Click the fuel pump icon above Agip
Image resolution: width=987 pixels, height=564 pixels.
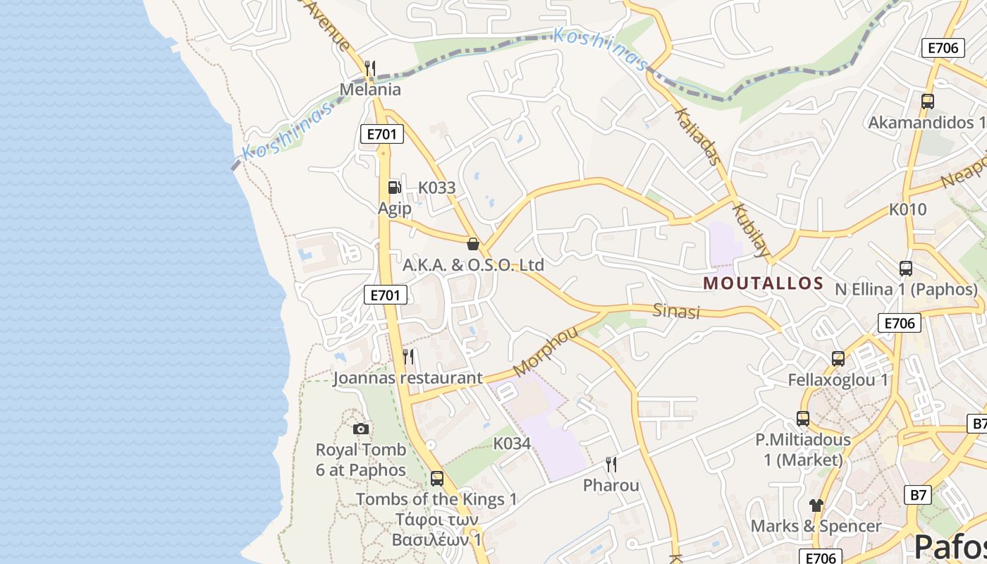pos(394,188)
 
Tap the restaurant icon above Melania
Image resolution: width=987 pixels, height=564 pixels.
pos(370,68)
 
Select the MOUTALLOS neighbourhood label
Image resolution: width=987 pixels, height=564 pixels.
pos(764,283)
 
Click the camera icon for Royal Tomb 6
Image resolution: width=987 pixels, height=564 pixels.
pos(360,429)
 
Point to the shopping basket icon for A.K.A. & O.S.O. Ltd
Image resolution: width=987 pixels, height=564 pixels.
pos(473,244)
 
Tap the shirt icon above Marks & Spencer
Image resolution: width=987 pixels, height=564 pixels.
pos(816,505)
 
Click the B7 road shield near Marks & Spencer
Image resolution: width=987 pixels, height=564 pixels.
pos(918,494)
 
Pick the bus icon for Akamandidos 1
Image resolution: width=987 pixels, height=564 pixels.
pos(928,101)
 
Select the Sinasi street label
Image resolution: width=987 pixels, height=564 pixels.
pos(676,310)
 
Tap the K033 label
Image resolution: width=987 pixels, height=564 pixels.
pos(437,188)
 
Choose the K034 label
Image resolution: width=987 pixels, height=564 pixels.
pos(511,443)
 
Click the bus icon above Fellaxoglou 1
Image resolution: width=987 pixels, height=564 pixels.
pos(838,358)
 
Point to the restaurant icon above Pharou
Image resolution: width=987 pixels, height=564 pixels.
pos(611,464)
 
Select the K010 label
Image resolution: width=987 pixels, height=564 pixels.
pos(907,209)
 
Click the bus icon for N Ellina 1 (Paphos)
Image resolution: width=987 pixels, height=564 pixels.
pos(906,268)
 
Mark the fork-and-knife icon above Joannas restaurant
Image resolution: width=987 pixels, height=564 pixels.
pos(408,357)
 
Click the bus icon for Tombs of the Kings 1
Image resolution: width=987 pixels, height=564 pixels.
pos(437,478)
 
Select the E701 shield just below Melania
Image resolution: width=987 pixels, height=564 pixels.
pos(382,134)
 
